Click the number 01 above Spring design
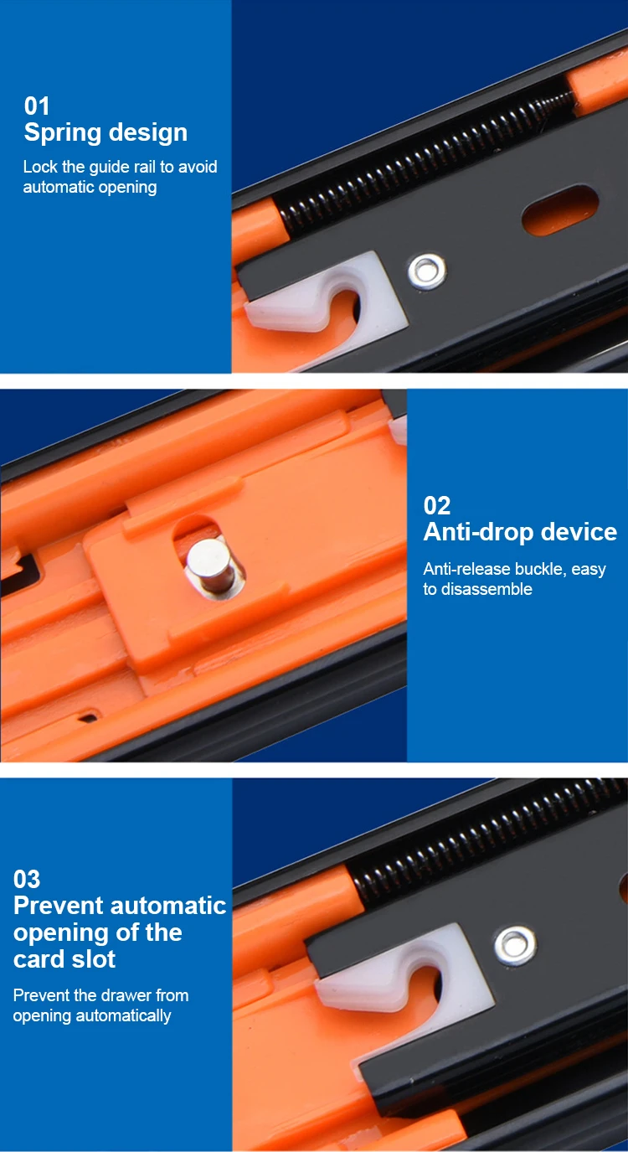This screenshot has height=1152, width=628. (x=37, y=106)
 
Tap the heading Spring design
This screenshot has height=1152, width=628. (x=106, y=132)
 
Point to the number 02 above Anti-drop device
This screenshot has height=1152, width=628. (x=437, y=505)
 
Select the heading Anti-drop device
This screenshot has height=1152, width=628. (x=520, y=532)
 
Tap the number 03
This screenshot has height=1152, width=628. (x=27, y=879)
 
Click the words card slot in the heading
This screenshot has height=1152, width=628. (x=64, y=958)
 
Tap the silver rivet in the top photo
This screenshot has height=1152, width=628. (x=426, y=271)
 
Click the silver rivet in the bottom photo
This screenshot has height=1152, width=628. (x=513, y=946)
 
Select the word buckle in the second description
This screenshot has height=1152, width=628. (x=538, y=569)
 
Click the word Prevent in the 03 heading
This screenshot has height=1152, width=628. (x=59, y=906)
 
